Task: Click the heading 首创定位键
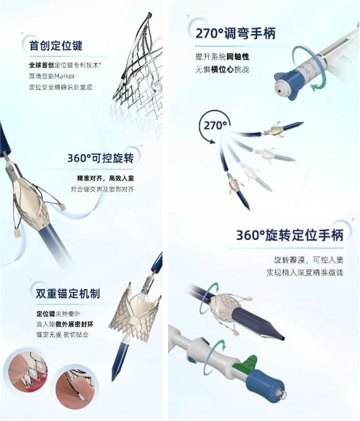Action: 56,45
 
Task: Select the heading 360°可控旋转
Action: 100,158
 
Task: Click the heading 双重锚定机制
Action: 68,293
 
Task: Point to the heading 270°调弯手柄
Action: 236,34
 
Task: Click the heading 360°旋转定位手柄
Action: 290,235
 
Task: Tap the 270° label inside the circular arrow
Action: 215,125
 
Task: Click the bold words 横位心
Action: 223,70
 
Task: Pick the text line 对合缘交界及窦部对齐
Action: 102,190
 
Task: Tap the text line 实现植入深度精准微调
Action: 305,273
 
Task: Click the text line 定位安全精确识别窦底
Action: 60,87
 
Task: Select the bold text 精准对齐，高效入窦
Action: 105,179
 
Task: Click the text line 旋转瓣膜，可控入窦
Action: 309,260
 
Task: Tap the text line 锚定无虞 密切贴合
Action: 62,335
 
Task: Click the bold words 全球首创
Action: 41,65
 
